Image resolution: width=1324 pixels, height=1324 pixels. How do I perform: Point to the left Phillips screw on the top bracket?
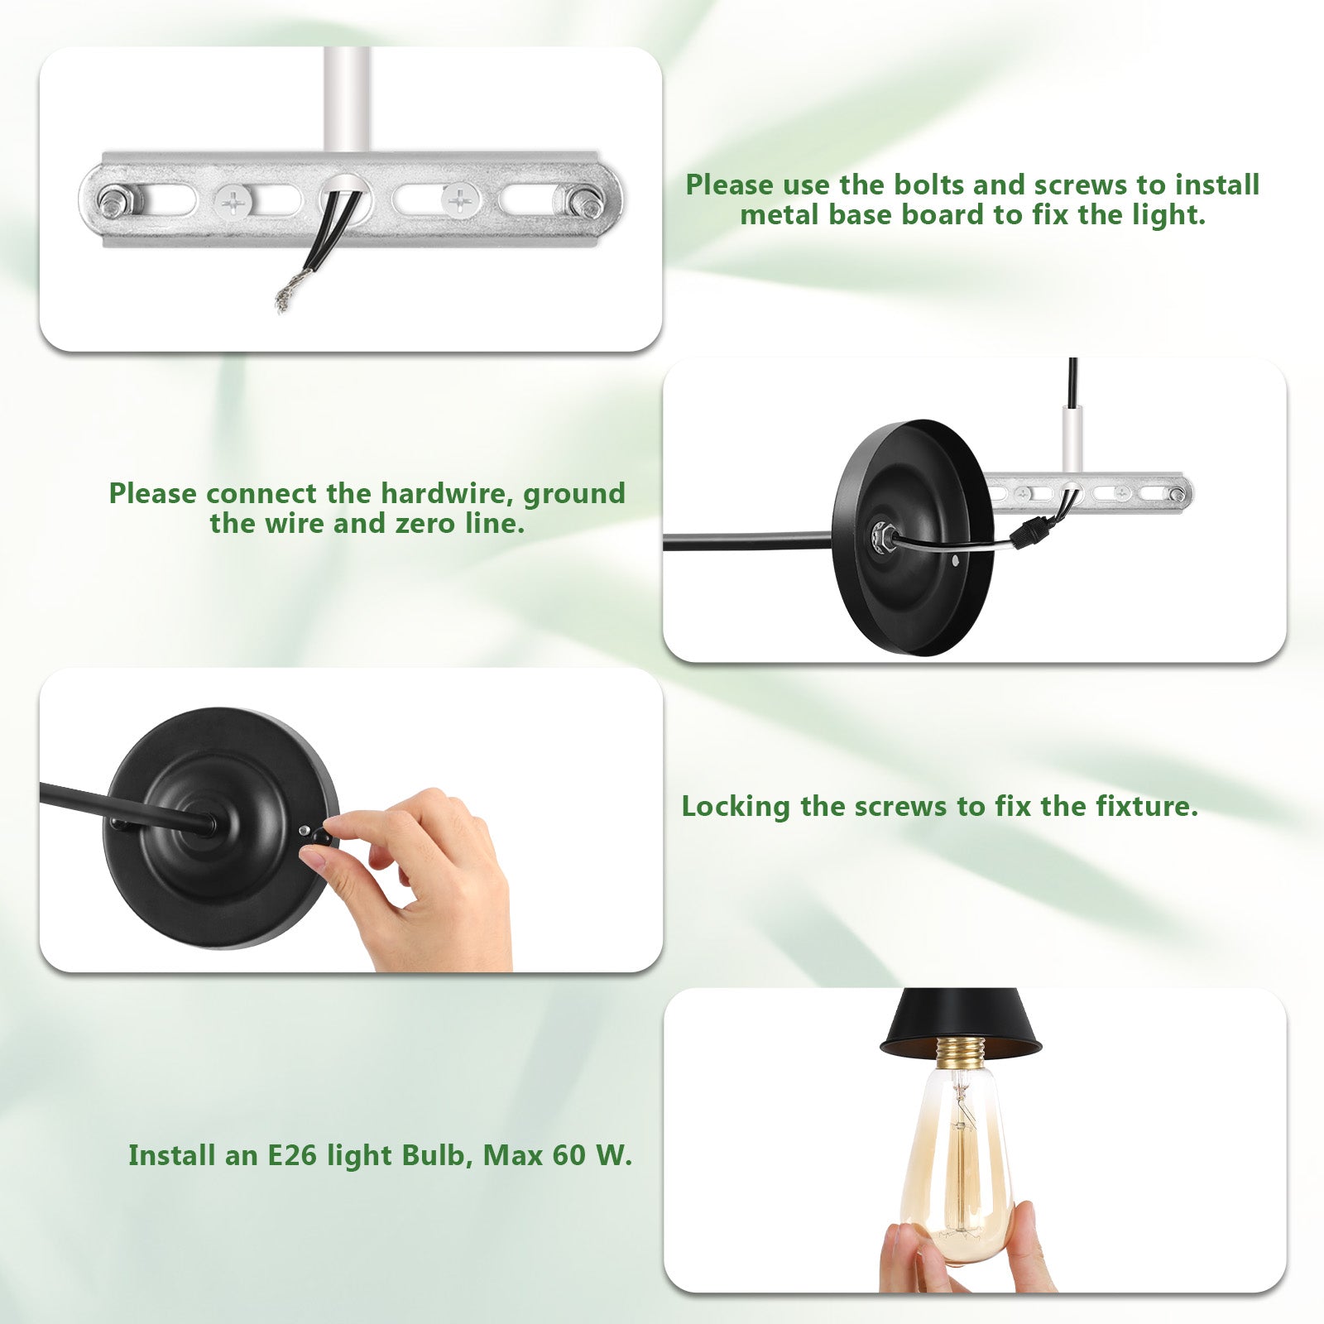(x=235, y=200)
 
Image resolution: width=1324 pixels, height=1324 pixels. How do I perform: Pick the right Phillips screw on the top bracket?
(x=460, y=200)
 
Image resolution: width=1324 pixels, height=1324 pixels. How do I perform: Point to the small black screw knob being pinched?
(x=321, y=837)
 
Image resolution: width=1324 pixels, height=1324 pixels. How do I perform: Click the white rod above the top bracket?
(x=347, y=99)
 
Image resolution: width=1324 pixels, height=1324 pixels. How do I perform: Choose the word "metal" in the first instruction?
(x=780, y=215)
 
